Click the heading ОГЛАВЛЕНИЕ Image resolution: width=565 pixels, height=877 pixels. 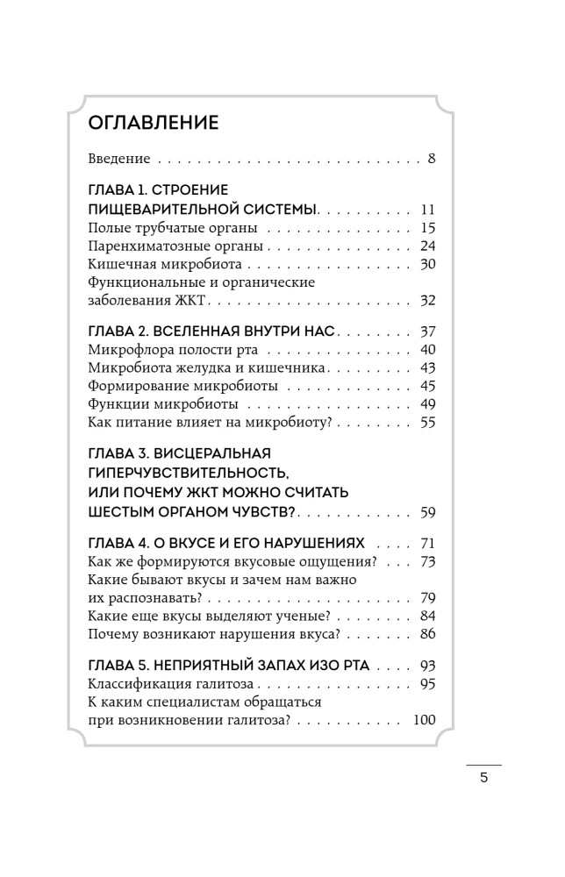tap(154, 122)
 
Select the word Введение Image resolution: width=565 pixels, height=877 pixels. tap(119, 160)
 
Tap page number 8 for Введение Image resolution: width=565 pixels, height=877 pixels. tap(432, 160)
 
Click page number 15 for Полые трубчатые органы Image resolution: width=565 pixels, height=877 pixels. tap(428, 228)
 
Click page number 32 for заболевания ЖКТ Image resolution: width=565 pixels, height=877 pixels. tap(428, 301)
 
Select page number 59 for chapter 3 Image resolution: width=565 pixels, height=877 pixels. tap(428, 512)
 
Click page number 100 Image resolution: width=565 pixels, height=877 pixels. tap(424, 720)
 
